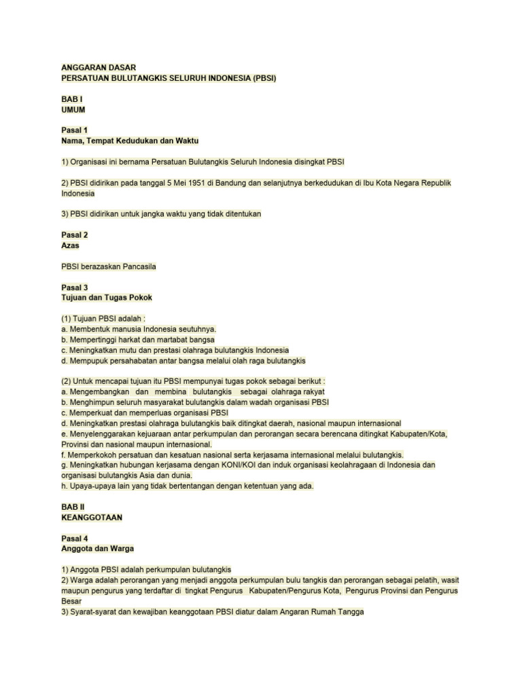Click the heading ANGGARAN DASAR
point(99,67)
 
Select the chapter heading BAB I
point(71,99)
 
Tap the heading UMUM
point(73,109)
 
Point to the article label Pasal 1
point(74,130)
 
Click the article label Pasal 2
point(74,235)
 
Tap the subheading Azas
point(71,245)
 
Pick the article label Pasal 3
point(74,288)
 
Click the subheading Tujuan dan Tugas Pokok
point(107,298)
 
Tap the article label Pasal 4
point(74,538)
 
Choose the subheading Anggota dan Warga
point(102,549)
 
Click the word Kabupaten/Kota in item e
point(416,434)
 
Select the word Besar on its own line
point(71,601)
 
